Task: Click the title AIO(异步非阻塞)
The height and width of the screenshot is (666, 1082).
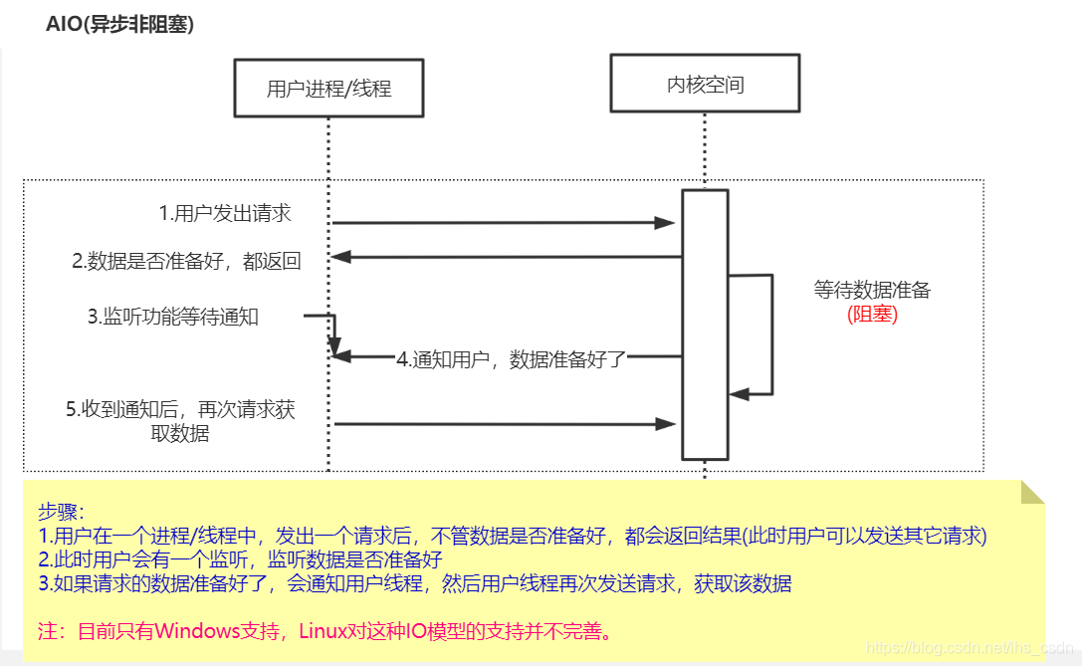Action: (119, 25)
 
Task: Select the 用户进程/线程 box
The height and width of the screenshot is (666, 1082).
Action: (328, 89)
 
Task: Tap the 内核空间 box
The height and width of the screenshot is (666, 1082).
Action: (705, 85)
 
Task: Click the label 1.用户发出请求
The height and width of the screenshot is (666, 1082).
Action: (225, 213)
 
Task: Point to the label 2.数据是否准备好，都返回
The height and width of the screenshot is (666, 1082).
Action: (186, 262)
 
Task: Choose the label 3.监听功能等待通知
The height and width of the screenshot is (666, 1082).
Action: (173, 317)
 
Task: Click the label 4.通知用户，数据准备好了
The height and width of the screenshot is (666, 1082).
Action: (512, 359)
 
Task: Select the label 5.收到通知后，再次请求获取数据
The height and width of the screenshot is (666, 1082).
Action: (180, 421)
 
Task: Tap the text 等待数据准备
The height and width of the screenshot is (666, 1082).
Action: (872, 291)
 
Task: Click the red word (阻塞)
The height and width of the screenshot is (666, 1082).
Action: (872, 315)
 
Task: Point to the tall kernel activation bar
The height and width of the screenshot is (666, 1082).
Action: (705, 324)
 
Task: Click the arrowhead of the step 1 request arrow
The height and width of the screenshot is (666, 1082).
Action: (666, 223)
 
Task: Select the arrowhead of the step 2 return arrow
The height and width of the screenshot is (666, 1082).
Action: (341, 257)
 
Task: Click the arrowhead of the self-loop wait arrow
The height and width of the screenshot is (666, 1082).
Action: (739, 394)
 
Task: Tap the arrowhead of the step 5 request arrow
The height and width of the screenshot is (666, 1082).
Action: (666, 424)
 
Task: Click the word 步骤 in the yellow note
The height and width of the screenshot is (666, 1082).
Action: (62, 511)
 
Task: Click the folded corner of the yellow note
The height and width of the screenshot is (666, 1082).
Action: (1031, 492)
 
